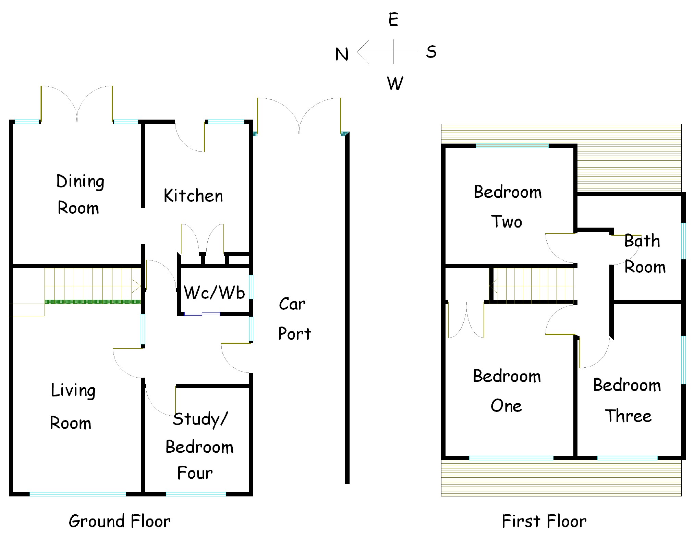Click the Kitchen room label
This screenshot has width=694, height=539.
point(193,196)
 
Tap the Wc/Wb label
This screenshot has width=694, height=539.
point(214,292)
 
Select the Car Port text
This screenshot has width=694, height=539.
point(294,318)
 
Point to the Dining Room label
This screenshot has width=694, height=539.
point(80,194)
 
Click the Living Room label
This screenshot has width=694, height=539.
point(72,406)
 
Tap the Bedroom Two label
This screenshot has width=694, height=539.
point(507,207)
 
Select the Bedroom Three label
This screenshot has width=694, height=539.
point(627,400)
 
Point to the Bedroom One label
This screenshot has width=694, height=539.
point(507,391)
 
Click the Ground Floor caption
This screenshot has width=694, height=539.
point(120,521)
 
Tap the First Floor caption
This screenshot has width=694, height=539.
point(544,521)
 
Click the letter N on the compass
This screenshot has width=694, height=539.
point(342,54)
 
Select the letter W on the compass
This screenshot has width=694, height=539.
point(395,83)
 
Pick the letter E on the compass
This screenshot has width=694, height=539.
point(393,20)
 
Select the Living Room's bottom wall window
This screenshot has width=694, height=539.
point(78,494)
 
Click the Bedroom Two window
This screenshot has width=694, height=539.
point(512,146)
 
